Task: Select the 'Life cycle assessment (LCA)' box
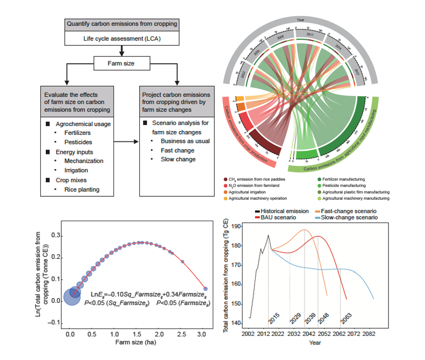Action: coord(121,38)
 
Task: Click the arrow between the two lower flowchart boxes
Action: coord(126,142)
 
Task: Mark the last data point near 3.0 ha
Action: coord(205,288)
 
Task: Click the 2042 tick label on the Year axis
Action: coord(309,334)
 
